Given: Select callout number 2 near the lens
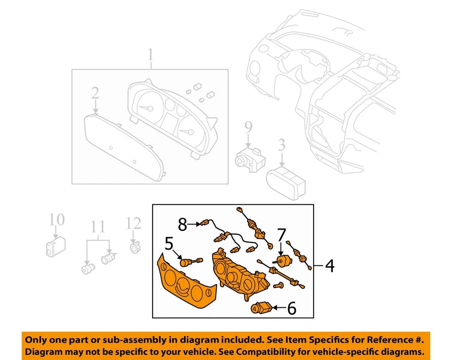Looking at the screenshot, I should pyautogui.click(x=95, y=93).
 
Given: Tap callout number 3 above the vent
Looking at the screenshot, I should pyautogui.click(x=282, y=145).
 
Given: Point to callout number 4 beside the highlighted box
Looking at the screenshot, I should pyautogui.click(x=329, y=266).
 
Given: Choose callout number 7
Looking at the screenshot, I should pyautogui.click(x=281, y=234).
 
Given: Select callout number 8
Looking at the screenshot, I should pyautogui.click(x=182, y=225).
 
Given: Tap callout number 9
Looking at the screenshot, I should pyautogui.click(x=248, y=127).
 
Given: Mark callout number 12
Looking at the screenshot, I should pyautogui.click(x=134, y=223).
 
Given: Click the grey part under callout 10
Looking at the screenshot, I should pyautogui.click(x=55, y=246).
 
